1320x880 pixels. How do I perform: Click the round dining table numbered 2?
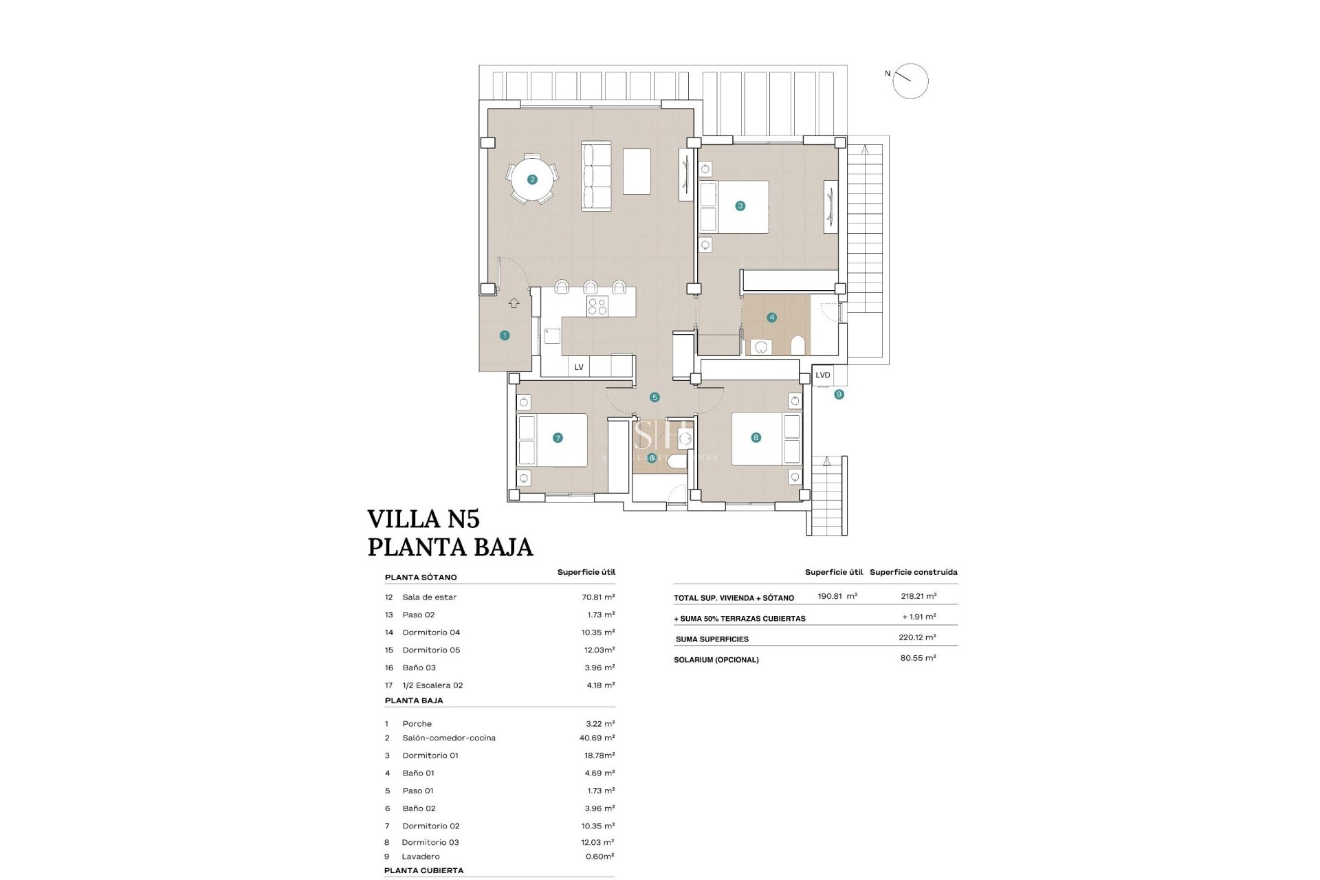[532, 180]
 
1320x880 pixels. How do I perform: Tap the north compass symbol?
[911, 81]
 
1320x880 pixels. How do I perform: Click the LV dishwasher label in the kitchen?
[579, 367]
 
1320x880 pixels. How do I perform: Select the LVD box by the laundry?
[823, 375]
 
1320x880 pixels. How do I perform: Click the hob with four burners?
[597, 307]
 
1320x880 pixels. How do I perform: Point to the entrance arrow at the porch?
[514, 303]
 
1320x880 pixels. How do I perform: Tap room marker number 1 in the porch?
[505, 335]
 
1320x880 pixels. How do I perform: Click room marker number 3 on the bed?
[740, 206]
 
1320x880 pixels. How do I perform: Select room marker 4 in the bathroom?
[772, 318]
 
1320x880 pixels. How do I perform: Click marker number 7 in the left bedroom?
[558, 437]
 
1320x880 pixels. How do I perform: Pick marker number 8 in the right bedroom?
[756, 437]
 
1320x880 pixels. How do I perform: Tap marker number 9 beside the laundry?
[839, 395]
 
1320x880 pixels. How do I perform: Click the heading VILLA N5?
[423, 518]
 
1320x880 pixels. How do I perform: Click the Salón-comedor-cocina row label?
[449, 738]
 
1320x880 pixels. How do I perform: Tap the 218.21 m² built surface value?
[918, 596]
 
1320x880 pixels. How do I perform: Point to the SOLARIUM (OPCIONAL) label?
[717, 660]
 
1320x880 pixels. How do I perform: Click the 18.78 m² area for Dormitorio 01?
[598, 756]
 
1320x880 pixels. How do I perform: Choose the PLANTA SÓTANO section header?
[421, 577]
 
